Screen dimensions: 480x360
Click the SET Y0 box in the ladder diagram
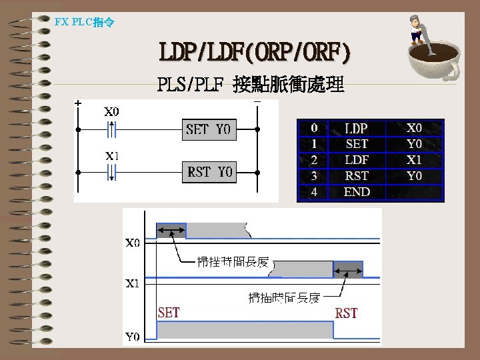(208, 129)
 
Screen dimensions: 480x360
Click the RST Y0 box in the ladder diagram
(208, 172)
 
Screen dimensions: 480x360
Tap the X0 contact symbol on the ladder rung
(111, 129)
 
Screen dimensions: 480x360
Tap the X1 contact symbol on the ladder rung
(111, 172)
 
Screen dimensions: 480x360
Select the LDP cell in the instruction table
(356, 128)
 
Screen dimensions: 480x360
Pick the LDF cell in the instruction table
(356, 160)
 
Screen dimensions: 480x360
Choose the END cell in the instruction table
(357, 192)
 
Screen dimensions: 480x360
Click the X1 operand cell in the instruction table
(415, 160)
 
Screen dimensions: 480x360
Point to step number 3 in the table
(314, 176)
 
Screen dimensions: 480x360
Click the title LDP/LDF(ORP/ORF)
(255, 52)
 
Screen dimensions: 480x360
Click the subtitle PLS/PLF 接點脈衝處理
(251, 85)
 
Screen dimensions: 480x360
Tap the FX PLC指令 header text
(84, 22)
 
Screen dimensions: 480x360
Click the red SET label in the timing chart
(169, 312)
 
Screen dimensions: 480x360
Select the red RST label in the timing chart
(346, 312)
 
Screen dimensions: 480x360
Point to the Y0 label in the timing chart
(133, 337)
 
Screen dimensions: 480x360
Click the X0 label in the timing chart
(133, 243)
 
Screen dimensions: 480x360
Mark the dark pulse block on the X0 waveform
(171, 231)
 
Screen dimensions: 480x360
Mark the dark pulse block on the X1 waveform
(347, 269)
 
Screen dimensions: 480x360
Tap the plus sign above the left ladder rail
(79, 103)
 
